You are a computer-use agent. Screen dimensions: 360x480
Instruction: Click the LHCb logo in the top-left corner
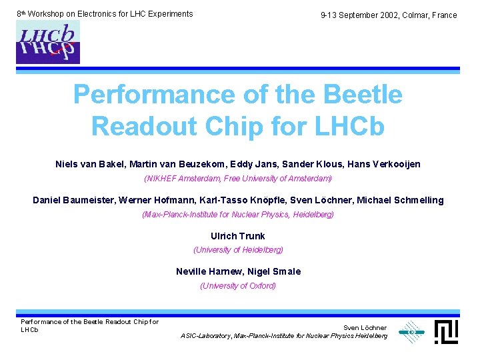click(48, 42)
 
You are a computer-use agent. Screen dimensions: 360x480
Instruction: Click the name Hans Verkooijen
click(384, 164)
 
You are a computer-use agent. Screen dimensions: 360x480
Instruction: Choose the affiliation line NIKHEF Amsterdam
click(238, 179)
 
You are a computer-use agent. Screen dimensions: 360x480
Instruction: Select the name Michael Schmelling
click(403, 200)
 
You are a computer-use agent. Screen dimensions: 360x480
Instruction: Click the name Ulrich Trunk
click(238, 236)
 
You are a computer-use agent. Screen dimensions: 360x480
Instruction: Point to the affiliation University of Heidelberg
click(238, 250)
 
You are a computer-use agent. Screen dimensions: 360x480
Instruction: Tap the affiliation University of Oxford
click(238, 286)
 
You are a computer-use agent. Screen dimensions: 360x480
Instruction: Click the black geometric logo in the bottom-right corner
click(446, 331)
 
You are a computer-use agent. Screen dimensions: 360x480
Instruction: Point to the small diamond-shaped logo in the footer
click(411, 331)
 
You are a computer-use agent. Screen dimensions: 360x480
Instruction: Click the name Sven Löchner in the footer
click(365, 327)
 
